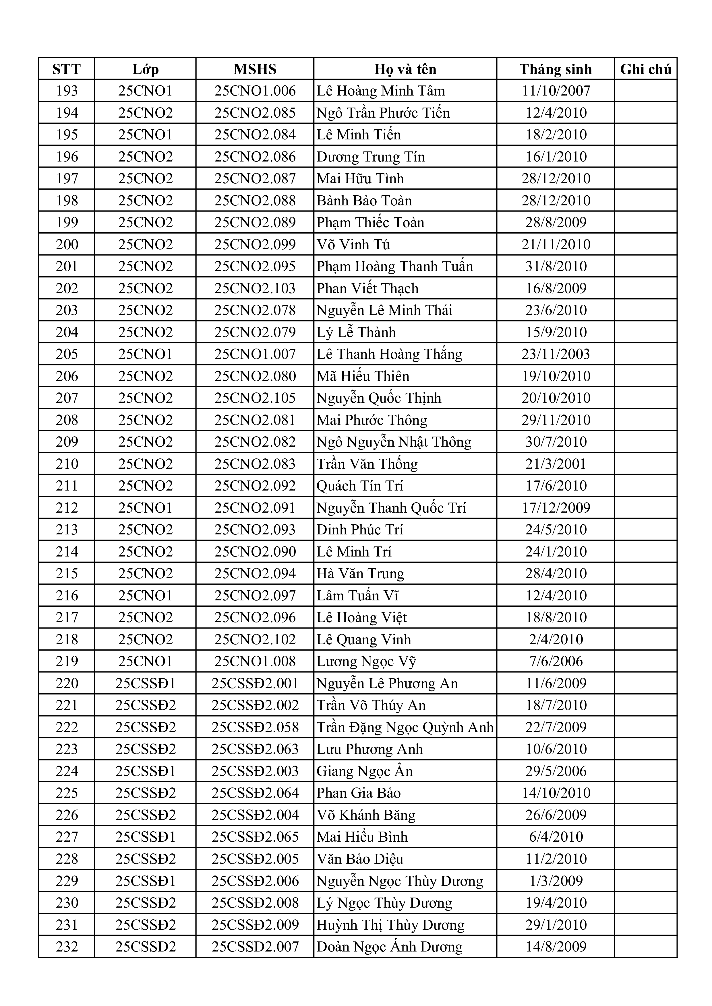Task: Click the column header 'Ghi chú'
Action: click(645, 69)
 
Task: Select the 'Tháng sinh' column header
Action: click(556, 69)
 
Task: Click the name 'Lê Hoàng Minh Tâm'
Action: click(381, 91)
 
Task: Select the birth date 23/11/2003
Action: click(556, 354)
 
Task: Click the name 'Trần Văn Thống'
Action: click(367, 464)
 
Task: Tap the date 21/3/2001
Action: click(556, 464)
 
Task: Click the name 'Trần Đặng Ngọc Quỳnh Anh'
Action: click(405, 727)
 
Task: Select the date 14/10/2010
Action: click(556, 793)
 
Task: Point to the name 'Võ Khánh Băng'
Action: click(366, 815)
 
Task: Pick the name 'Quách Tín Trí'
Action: click(359, 486)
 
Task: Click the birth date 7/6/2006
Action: click(556, 661)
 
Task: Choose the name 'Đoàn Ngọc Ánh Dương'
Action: click(389, 946)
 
